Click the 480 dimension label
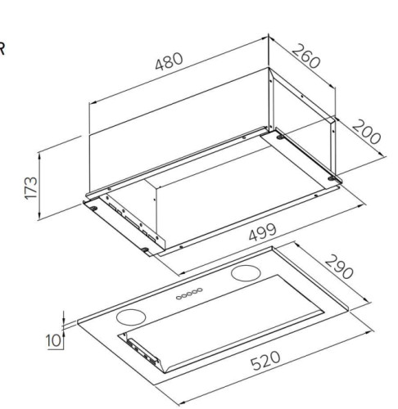(169, 61)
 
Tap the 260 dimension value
(305, 56)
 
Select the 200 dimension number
(366, 132)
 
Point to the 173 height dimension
(31, 188)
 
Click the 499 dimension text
(263, 232)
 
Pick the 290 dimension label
(339, 267)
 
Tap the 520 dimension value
(265, 361)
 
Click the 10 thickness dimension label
(53, 340)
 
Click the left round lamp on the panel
(131, 317)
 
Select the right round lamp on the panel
(246, 273)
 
